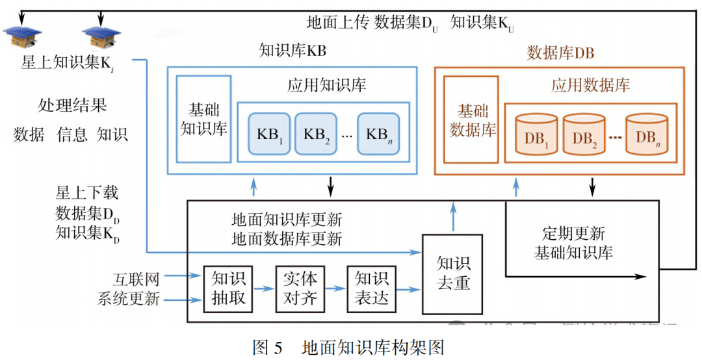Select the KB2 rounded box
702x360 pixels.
[317, 133]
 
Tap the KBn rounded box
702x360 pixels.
[380, 133]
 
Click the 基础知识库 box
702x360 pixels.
[203, 118]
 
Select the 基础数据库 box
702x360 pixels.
[471, 120]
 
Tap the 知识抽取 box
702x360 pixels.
[227, 289]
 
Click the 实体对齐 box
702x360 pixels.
[299, 289]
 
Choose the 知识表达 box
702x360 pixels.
[371, 289]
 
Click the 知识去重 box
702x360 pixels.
[452, 273]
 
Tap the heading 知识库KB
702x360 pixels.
[292, 51]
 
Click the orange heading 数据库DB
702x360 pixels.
[560, 53]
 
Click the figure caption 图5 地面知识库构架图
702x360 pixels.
[348, 347]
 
